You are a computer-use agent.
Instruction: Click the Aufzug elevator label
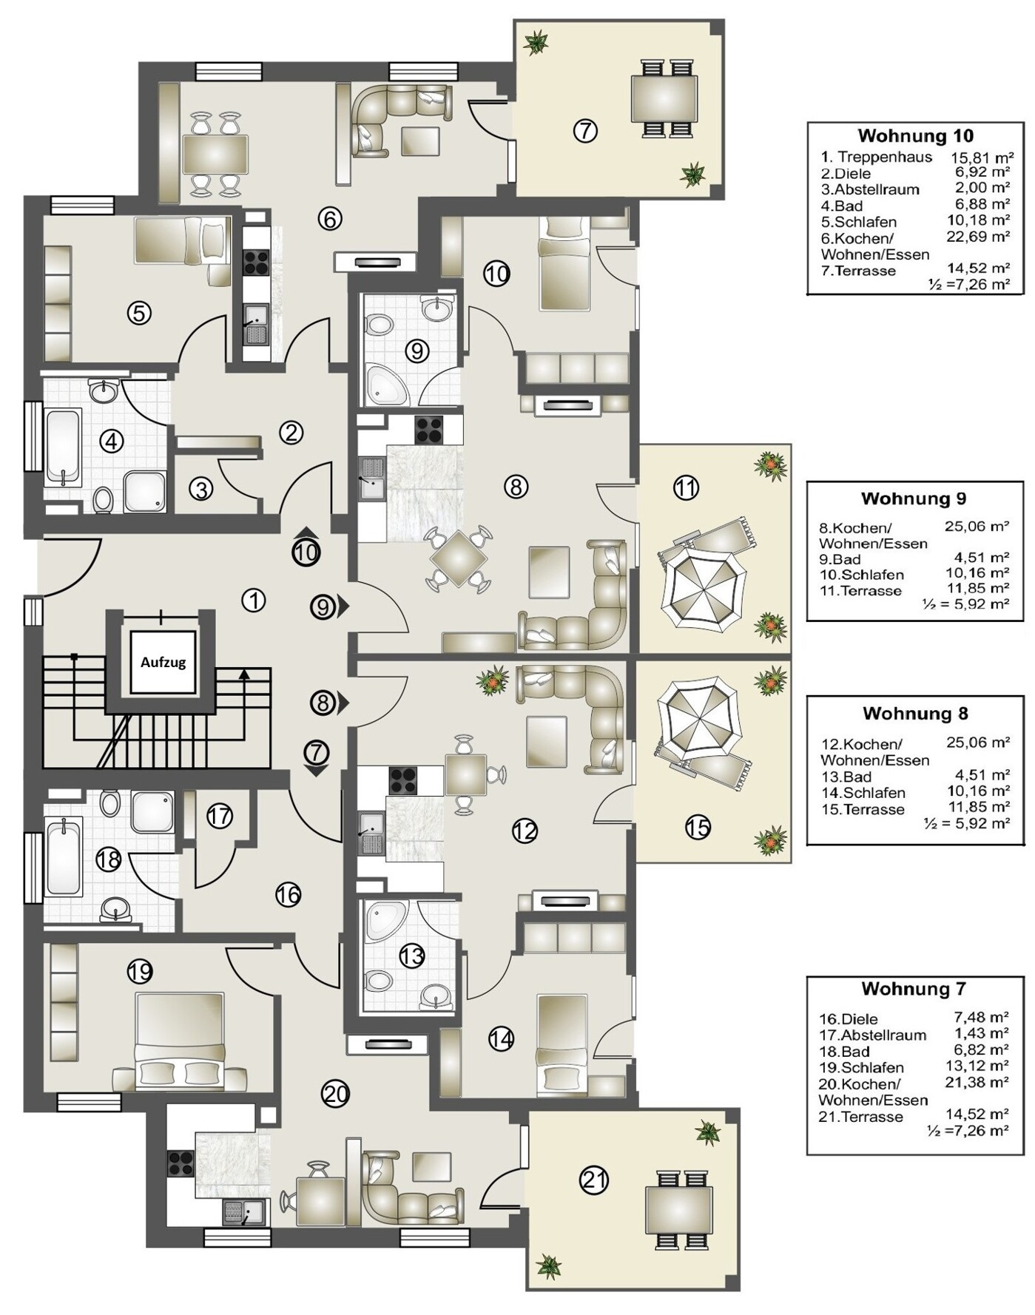(x=163, y=662)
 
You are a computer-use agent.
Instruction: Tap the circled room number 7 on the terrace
(x=585, y=131)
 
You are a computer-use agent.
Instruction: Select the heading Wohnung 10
(x=915, y=135)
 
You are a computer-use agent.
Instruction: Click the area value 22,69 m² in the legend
(x=980, y=237)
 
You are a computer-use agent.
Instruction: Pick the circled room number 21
(x=593, y=1180)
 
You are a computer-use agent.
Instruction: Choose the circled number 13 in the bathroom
(x=411, y=956)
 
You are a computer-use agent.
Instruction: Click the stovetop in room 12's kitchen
(x=403, y=781)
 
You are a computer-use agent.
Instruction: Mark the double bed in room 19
(x=181, y=1041)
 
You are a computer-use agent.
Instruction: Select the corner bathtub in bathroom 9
(x=385, y=384)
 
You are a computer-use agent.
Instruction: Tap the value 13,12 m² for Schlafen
(x=980, y=1066)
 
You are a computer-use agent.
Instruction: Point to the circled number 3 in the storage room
(x=200, y=488)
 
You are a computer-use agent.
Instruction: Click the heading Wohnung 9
(x=913, y=498)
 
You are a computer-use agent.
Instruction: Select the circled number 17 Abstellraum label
(x=219, y=816)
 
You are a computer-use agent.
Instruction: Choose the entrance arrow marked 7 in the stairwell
(x=316, y=759)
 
